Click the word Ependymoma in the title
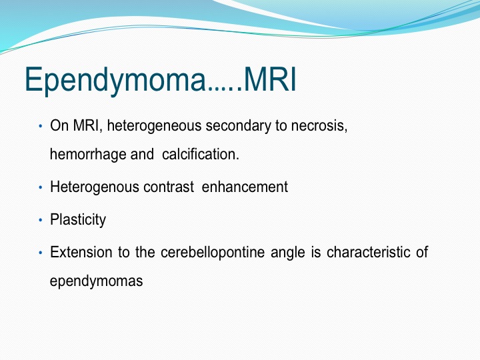coord(115,80)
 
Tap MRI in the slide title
coord(270,79)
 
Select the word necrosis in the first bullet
coord(319,126)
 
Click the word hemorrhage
coord(88,154)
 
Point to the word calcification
coord(201,154)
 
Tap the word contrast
coord(169,187)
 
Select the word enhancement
coord(245,187)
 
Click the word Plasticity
coord(78,220)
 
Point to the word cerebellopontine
coord(213,253)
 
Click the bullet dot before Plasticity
coord(41,220)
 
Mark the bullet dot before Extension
coord(41,253)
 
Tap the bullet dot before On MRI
coord(41,126)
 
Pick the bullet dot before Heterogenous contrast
coord(41,187)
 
